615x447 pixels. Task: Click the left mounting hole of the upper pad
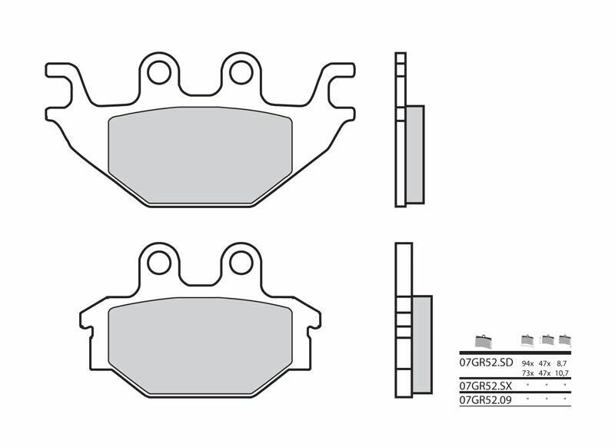(x=161, y=71)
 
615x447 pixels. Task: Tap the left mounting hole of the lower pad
(x=161, y=261)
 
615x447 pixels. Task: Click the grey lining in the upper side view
(x=414, y=154)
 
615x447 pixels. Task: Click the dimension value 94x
(x=527, y=360)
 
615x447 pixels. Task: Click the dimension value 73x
(x=527, y=372)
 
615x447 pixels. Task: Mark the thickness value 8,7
(x=565, y=360)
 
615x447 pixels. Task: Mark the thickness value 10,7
(x=565, y=372)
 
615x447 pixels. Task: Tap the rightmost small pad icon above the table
(x=565, y=339)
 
